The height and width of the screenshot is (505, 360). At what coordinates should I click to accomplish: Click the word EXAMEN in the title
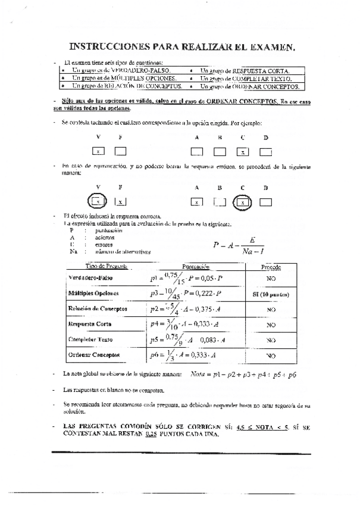coord(267,46)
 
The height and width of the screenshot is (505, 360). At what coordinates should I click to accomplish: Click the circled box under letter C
coord(242,202)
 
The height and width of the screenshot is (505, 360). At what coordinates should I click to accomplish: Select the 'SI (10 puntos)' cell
coord(271,294)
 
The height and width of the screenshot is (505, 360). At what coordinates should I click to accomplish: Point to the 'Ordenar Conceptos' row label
coord(93,356)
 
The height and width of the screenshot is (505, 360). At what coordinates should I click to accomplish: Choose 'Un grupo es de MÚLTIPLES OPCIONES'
coord(124,78)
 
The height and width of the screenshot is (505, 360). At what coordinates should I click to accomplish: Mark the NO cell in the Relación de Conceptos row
coord(271,309)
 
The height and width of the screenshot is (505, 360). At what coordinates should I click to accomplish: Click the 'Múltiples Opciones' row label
coord(94,294)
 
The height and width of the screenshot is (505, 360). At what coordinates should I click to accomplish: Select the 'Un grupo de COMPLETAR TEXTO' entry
coord(246,78)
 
